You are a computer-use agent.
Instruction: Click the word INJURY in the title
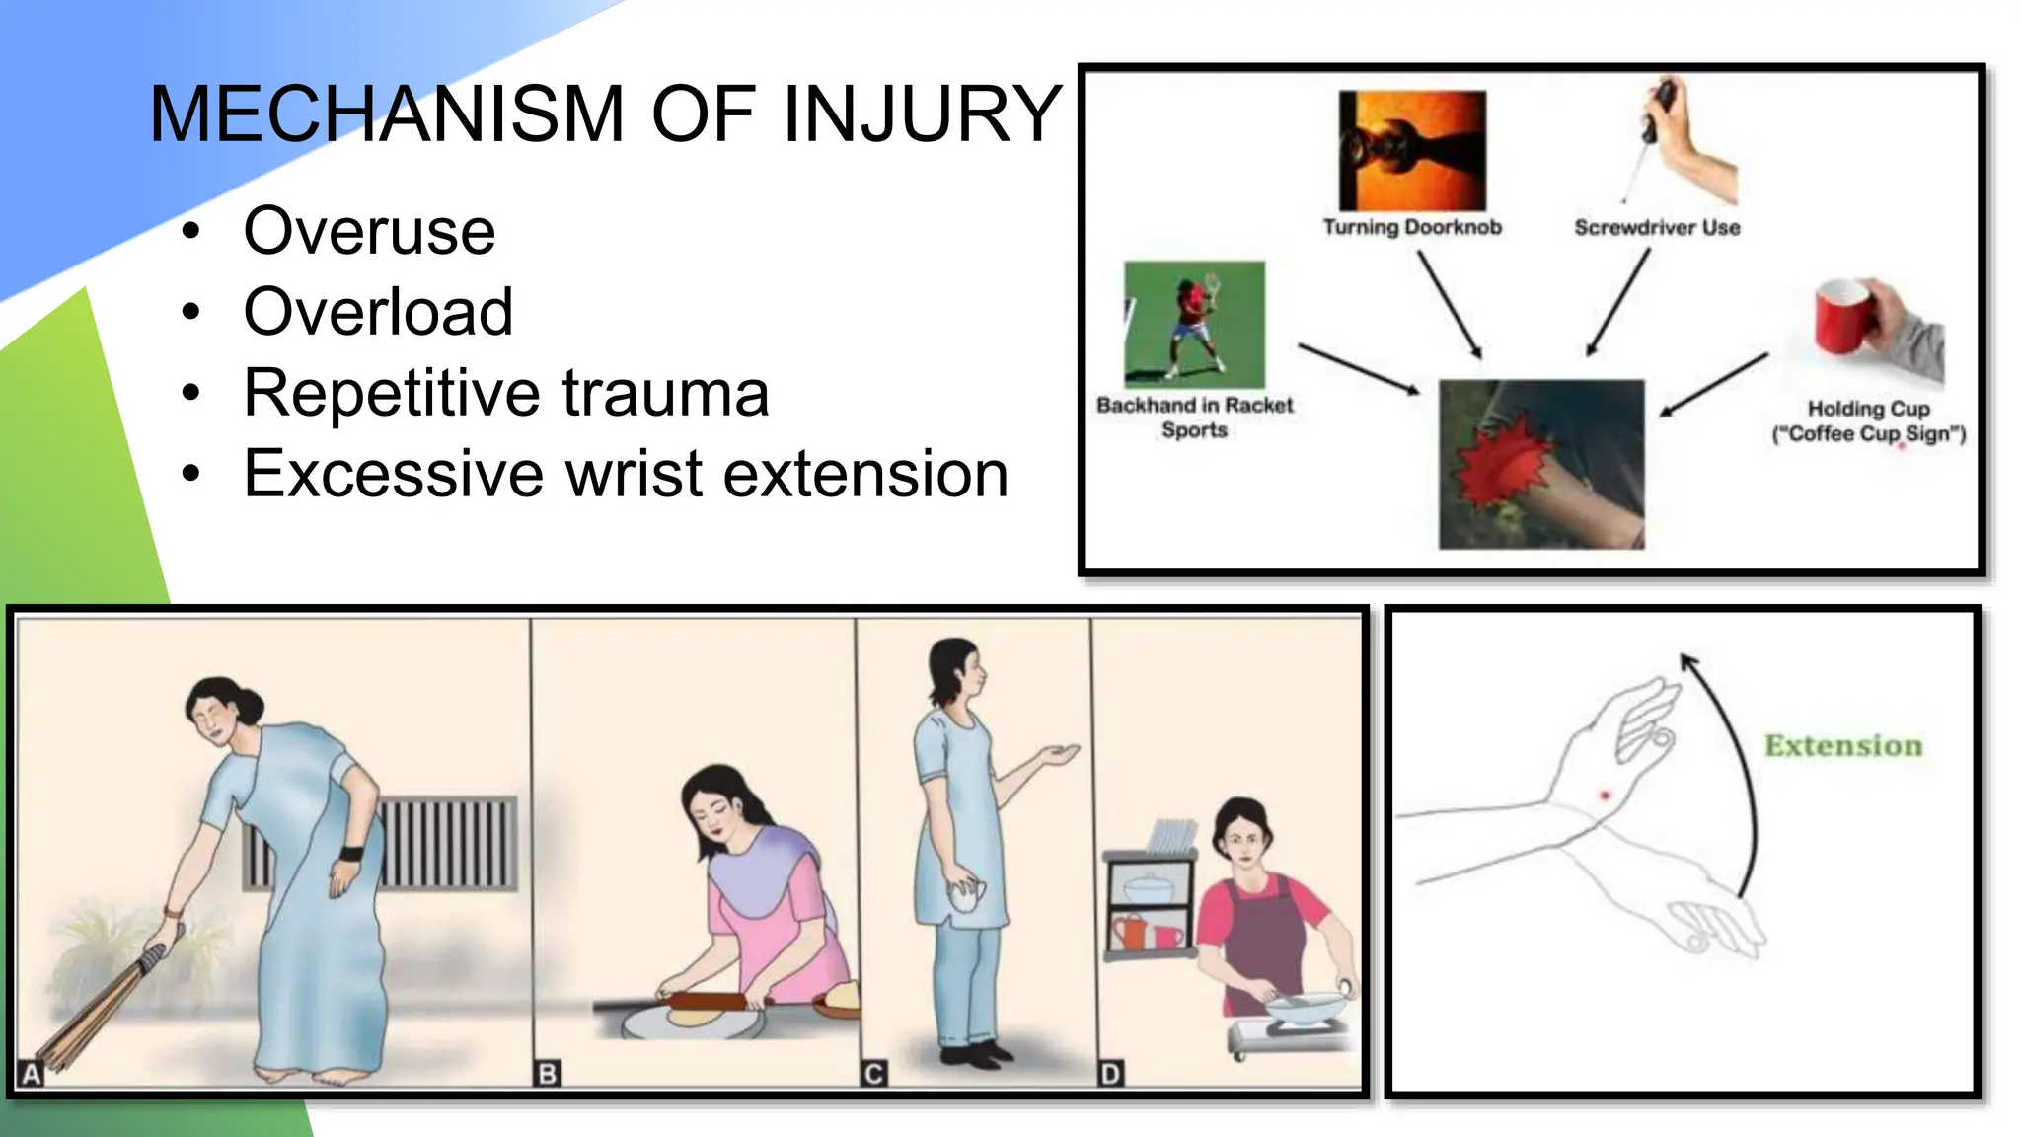922,114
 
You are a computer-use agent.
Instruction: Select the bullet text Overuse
369,231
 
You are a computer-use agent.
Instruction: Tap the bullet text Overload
378,312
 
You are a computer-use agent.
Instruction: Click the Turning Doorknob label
1412,227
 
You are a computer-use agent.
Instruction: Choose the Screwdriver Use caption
1657,228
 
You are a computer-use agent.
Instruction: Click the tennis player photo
1194,325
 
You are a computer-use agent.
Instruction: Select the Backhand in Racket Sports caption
1194,417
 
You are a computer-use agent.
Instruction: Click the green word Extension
1843,746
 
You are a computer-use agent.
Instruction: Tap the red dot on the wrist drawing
1605,796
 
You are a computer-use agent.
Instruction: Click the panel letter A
32,1074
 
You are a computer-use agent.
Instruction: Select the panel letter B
547,1074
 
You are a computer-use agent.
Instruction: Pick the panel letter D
1110,1074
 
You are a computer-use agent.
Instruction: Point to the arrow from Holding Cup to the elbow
1713,385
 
